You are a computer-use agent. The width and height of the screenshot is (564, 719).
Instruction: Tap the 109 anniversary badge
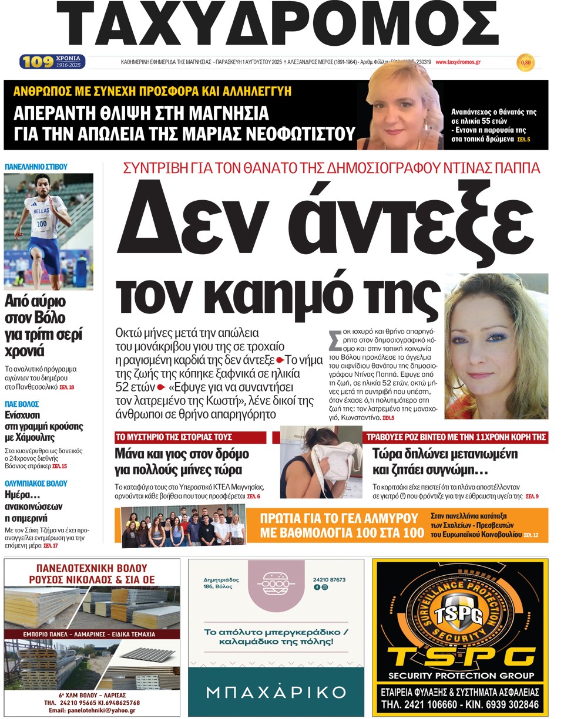[52, 62]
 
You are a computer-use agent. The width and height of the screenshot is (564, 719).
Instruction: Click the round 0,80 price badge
[525, 62]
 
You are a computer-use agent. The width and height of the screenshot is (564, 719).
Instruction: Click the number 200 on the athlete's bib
[42, 224]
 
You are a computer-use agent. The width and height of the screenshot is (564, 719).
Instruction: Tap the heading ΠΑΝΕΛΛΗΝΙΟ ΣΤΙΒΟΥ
[36, 167]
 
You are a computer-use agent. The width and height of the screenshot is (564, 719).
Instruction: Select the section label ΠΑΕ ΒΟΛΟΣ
[22, 404]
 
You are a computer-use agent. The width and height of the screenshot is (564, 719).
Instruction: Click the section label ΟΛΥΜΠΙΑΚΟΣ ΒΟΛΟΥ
[36, 484]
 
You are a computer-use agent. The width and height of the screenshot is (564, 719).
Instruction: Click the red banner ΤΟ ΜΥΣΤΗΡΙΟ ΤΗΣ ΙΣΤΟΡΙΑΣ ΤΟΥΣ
[173, 437]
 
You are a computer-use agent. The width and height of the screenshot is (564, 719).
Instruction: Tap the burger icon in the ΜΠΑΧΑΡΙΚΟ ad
[276, 586]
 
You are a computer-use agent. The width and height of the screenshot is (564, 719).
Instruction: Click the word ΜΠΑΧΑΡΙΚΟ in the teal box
[276, 691]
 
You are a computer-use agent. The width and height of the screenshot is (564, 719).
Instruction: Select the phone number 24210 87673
[329, 580]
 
